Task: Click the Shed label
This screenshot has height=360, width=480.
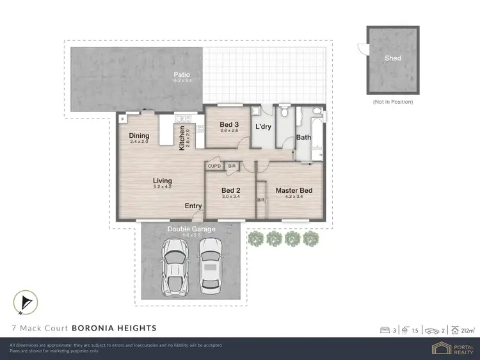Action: [x=393, y=58]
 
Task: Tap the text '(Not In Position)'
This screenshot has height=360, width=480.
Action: [x=392, y=102]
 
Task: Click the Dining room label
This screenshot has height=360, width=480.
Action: [x=139, y=135]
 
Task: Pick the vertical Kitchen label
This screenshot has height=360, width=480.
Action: [x=182, y=137]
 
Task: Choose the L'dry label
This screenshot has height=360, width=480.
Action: [x=263, y=127]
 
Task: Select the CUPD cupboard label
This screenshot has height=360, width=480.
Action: [x=214, y=167]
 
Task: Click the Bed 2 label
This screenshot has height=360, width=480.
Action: [x=230, y=190]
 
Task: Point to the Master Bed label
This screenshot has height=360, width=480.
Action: [x=294, y=190]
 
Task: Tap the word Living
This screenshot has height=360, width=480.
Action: [x=162, y=181]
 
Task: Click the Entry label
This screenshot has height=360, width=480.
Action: [x=193, y=206]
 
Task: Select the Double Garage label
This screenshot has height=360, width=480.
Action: [x=191, y=229]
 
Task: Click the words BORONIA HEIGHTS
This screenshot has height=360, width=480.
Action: [x=114, y=328]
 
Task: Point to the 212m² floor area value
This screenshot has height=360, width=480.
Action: [x=468, y=330]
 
